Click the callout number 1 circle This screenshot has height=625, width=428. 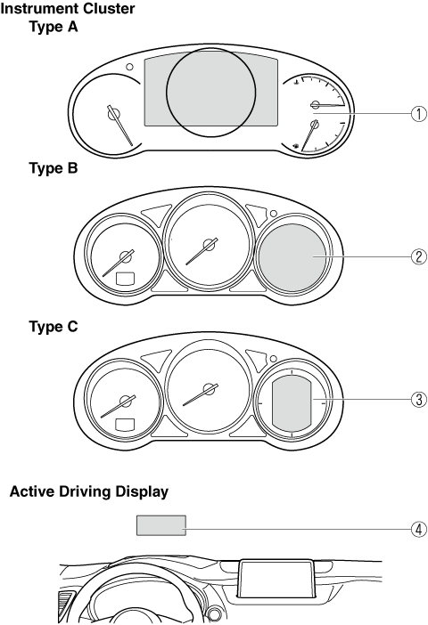419,114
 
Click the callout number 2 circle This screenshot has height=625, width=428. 419,256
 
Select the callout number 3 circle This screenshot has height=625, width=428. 419,399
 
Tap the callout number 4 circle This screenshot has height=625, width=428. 419,530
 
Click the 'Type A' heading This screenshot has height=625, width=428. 53,27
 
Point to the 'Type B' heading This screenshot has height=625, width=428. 53,168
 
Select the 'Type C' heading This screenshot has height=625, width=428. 53,327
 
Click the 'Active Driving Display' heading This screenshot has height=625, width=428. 89,491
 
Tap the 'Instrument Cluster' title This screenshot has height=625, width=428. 68,8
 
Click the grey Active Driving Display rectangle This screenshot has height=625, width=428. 161,525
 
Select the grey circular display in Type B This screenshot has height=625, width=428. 292,256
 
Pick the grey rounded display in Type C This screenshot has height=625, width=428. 292,404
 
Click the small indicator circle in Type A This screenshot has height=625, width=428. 129,67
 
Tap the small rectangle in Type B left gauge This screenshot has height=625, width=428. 125,279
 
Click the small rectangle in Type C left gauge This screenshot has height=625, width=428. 125,425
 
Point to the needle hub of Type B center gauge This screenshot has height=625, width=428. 209,244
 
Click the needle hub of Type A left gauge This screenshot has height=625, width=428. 114,114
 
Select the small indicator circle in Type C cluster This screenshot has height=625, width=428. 274,358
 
